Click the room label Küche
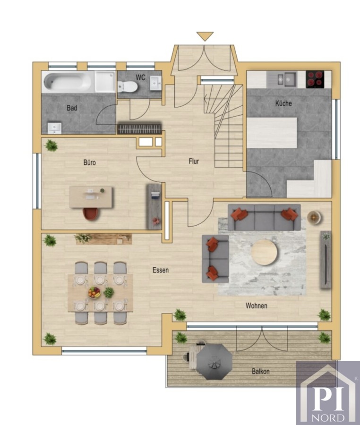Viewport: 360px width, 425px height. pyautogui.click(x=283, y=103)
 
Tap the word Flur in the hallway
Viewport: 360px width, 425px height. pyautogui.click(x=194, y=161)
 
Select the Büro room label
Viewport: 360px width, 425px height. pyautogui.click(x=89, y=162)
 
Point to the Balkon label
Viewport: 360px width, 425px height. pyautogui.click(x=260, y=371)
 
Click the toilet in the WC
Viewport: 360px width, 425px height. pyautogui.click(x=128, y=86)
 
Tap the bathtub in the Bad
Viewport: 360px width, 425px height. pyautogui.click(x=68, y=81)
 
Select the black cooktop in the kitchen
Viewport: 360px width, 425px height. pyautogui.click(x=315, y=79)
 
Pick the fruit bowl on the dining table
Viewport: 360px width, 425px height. pyautogui.click(x=94, y=292)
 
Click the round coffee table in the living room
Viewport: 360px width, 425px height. pyautogui.click(x=264, y=252)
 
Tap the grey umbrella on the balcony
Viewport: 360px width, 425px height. pyautogui.click(x=214, y=362)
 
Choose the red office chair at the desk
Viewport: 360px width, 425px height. pyautogui.click(x=91, y=213)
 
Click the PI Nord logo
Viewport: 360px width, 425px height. pyautogui.click(x=328, y=393)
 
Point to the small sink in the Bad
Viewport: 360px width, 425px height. pyautogui.click(x=54, y=128)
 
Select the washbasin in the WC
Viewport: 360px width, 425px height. pyautogui.click(x=155, y=83)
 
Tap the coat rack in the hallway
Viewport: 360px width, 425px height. pyautogui.click(x=139, y=128)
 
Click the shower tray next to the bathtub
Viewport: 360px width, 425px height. pyautogui.click(x=104, y=81)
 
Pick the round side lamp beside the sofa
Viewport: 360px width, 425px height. pyautogui.click(x=314, y=218)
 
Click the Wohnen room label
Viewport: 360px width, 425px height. pyautogui.click(x=257, y=306)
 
